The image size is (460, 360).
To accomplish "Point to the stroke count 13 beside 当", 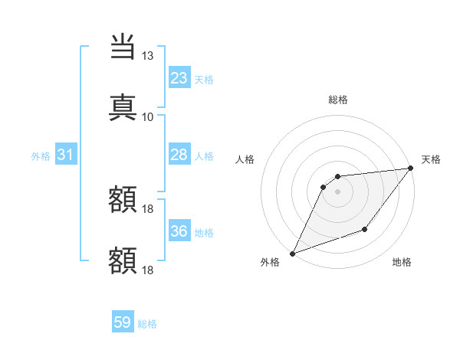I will [x=147, y=57].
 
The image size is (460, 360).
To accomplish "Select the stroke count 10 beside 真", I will [x=147, y=116].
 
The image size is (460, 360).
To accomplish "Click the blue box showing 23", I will [x=179, y=77].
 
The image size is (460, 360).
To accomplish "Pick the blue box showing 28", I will [x=179, y=155].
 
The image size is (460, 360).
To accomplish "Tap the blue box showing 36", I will [x=179, y=231].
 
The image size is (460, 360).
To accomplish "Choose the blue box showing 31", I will [x=66, y=155].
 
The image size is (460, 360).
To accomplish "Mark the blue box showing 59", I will [x=123, y=322].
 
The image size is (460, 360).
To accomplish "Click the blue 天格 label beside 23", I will [x=204, y=79].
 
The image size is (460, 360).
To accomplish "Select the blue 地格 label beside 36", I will [x=204, y=233].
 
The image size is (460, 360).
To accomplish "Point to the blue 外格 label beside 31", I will [x=41, y=156].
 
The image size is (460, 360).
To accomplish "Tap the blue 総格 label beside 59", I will [x=147, y=324].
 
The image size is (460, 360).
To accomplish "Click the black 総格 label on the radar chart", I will [x=337, y=100].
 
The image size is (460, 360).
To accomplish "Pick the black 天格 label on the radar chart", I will [x=431, y=159].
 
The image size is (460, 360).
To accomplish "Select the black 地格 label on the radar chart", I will [x=402, y=263].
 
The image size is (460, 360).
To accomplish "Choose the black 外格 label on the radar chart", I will [x=269, y=263].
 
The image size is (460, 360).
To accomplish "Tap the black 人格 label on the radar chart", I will [x=245, y=159].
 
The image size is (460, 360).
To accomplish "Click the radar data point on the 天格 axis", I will [x=411, y=169].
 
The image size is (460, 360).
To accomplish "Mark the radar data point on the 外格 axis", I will [x=292, y=253].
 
